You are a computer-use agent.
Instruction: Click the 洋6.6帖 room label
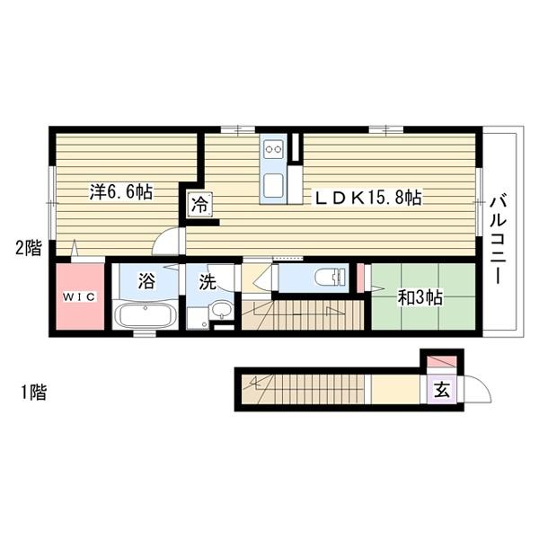[x=121, y=192]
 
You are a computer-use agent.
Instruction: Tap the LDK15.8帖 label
[x=367, y=198]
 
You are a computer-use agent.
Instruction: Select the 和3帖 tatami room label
[x=420, y=297]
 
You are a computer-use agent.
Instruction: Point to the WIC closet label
[x=79, y=296]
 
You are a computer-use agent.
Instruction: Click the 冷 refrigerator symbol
[x=199, y=205]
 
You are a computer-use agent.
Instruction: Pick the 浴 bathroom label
[x=146, y=280]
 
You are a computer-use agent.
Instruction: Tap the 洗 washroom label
[x=208, y=283]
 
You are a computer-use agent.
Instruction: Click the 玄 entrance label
[x=442, y=390]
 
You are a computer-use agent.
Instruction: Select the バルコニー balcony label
[x=498, y=240]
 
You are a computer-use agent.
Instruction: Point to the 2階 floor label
[x=29, y=248]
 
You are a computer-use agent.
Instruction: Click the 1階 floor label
[x=33, y=393]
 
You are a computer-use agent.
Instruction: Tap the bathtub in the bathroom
[x=145, y=316]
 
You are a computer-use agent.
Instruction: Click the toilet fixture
[x=330, y=277]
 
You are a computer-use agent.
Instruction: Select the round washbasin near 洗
[x=221, y=309]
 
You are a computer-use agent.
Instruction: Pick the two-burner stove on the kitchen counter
[x=274, y=149]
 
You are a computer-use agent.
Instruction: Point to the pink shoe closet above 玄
[x=442, y=362]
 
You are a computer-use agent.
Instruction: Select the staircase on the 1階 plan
[x=303, y=389]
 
